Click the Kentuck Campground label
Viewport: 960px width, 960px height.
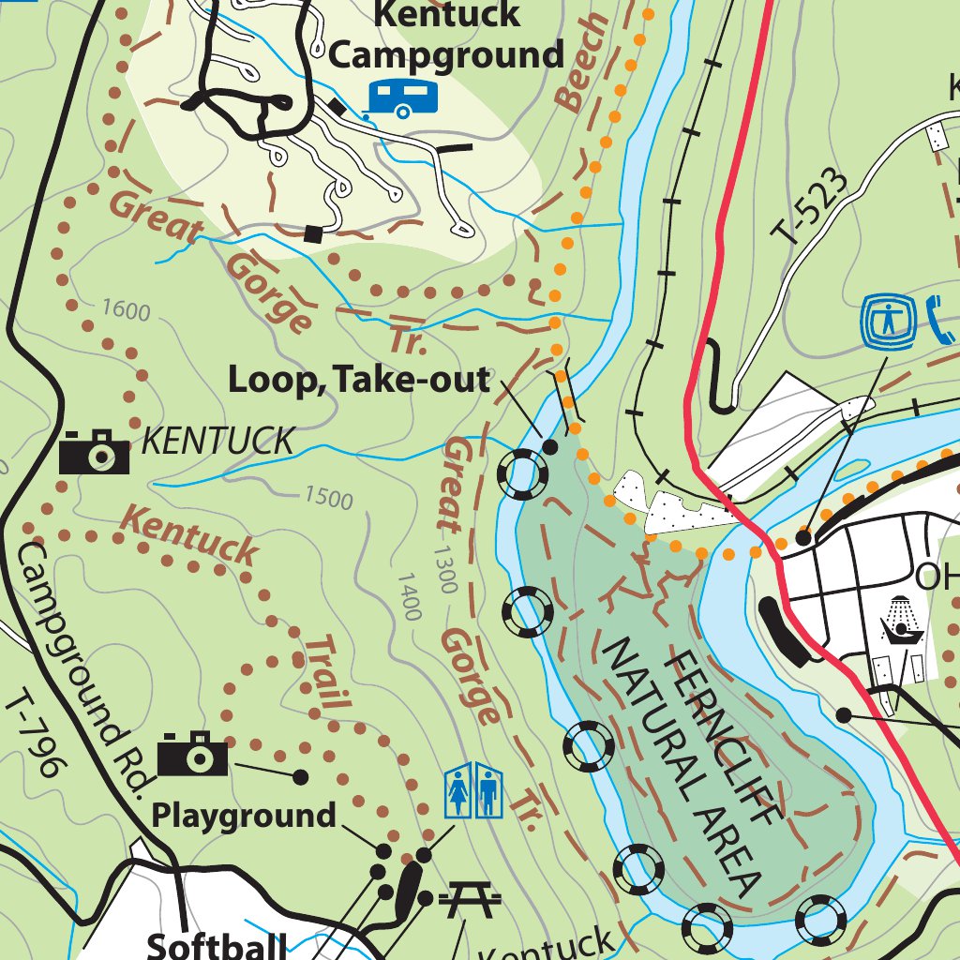point(446,35)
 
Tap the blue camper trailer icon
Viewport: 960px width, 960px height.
point(402,97)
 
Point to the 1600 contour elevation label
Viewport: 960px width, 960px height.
point(126,309)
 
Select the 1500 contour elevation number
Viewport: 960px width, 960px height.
point(328,497)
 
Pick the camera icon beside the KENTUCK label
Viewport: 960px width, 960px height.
point(94,453)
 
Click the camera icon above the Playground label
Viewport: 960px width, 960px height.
point(192,754)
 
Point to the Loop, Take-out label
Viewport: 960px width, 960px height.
point(359,381)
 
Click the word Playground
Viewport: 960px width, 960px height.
point(244,816)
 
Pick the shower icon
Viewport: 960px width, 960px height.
point(901,620)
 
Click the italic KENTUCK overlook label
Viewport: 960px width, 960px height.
point(217,441)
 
